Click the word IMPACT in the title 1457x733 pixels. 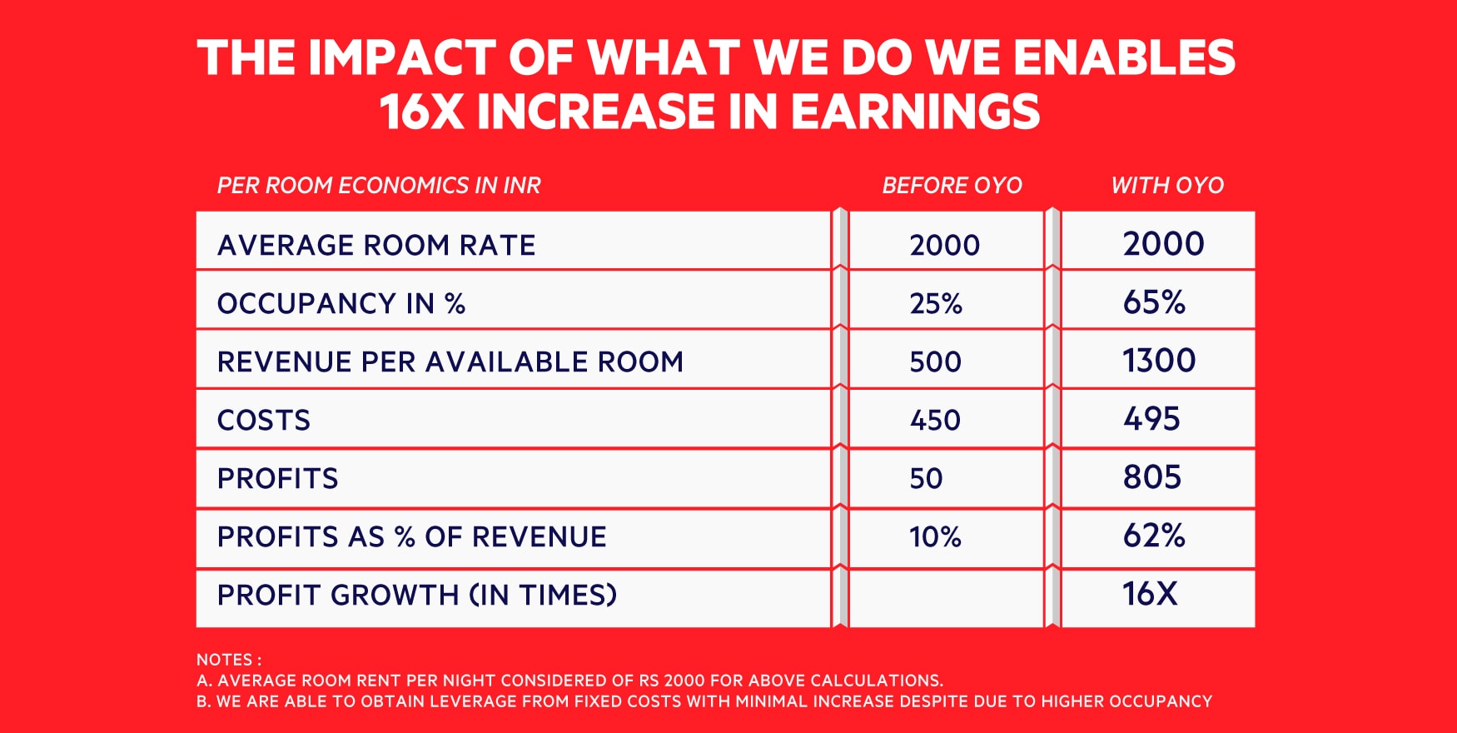point(402,58)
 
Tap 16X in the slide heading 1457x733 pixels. point(421,112)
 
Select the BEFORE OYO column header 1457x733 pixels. point(952,185)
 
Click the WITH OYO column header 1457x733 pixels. point(1167,185)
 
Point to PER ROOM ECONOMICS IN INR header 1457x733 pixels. point(379,185)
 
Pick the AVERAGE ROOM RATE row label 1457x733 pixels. point(376,245)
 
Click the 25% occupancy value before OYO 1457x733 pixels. point(936,303)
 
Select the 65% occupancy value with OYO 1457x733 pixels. point(1154,302)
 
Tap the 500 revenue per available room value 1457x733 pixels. point(935,362)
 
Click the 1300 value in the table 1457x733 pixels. point(1159,360)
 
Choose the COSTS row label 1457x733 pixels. point(264,420)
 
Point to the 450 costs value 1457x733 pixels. point(935,420)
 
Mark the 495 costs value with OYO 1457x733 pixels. point(1151,418)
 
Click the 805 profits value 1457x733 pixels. point(1152,476)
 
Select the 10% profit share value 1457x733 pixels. point(935,536)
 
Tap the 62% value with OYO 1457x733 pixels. point(1154,535)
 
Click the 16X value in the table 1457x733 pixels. point(1150,593)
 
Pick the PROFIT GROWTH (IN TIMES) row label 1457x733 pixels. point(417,595)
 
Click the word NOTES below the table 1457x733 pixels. point(224,660)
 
